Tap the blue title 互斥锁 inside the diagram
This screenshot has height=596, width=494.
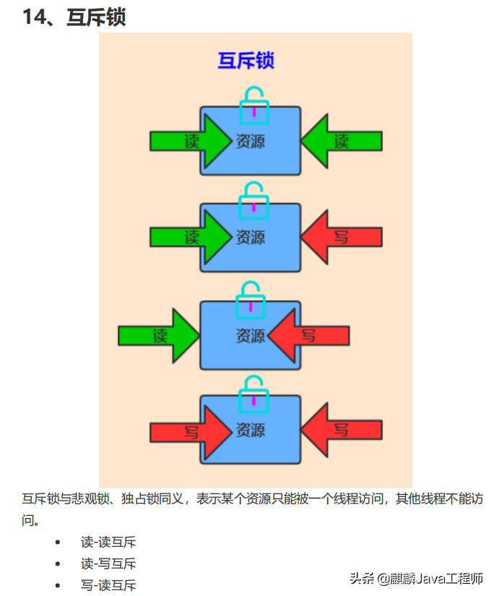click(246, 60)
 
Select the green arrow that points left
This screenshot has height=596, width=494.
click(340, 141)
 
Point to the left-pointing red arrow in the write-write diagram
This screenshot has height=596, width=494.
click(340, 431)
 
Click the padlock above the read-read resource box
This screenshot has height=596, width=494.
click(253, 104)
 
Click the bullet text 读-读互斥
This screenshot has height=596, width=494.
click(108, 542)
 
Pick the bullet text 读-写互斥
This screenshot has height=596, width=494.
click(108, 563)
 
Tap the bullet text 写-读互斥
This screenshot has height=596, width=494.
click(108, 585)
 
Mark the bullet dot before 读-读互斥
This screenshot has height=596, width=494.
click(58, 543)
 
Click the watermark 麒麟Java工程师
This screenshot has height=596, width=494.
click(436, 579)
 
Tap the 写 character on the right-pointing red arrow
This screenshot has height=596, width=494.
click(191, 432)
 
